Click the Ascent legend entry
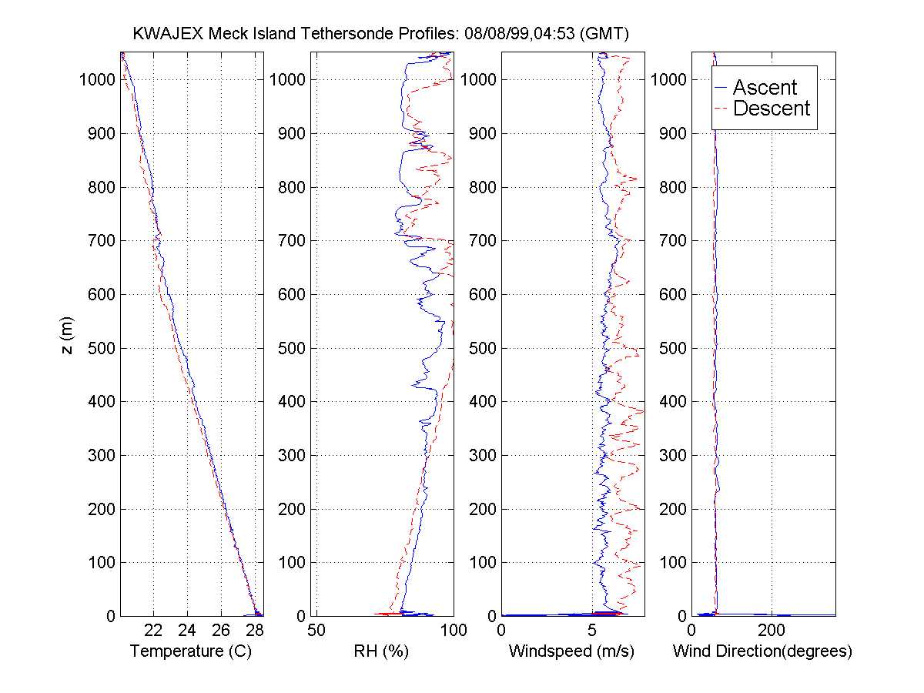[765, 87]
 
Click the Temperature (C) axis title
[191, 651]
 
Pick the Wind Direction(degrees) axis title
[762, 651]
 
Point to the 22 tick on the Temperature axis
[154, 629]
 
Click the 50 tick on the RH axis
[316, 629]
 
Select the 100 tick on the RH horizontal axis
[453, 629]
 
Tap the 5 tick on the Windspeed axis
[592, 629]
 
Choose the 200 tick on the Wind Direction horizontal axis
[772, 629]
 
